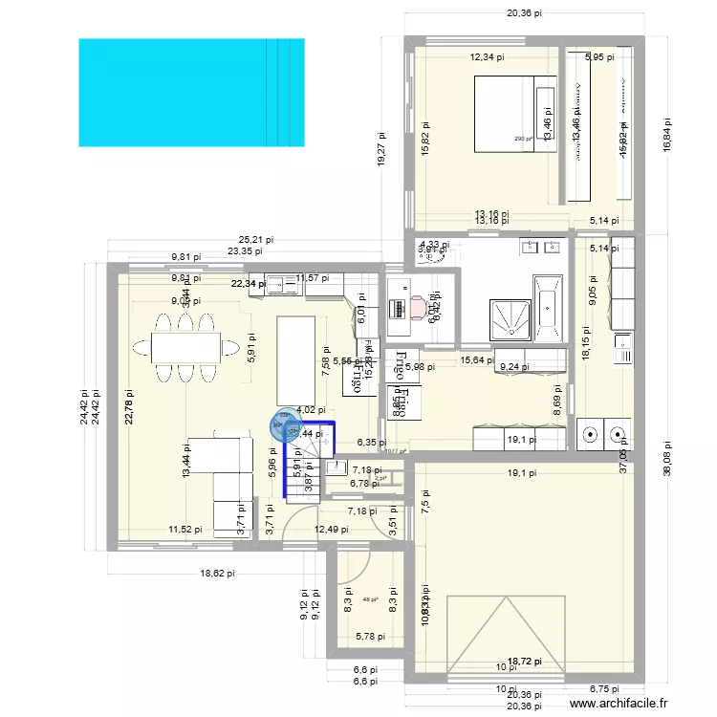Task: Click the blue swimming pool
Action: pos(190,93)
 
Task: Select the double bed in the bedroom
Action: pos(514,115)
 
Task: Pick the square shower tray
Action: pos(509,315)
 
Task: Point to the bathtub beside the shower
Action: pos(547,308)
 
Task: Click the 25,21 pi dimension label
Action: pos(256,241)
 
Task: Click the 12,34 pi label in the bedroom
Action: pos(488,57)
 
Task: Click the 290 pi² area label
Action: pos(523,140)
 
